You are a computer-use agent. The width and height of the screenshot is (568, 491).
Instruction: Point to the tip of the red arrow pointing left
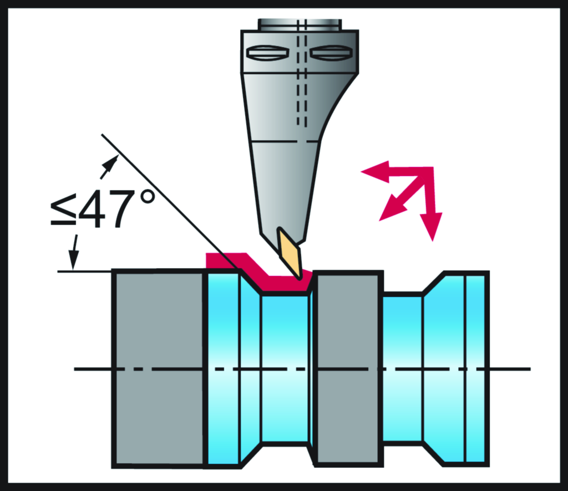(x=361, y=171)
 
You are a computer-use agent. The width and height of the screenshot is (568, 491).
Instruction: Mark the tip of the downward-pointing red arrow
(x=432, y=241)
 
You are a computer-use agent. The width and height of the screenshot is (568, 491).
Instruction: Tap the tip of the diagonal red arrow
(x=379, y=221)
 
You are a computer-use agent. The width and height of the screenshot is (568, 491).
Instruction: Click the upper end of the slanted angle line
(x=102, y=134)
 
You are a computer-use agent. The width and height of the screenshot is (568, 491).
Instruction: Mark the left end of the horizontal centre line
(x=74, y=369)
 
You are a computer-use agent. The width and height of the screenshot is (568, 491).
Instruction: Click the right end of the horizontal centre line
(x=531, y=369)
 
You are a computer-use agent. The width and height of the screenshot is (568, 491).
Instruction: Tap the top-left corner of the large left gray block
(x=112, y=270)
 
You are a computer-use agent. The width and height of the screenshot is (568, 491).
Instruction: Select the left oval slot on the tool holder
(x=267, y=53)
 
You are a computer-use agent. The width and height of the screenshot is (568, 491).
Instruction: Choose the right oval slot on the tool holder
(x=331, y=53)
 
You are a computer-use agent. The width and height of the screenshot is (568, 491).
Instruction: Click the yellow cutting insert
(x=289, y=253)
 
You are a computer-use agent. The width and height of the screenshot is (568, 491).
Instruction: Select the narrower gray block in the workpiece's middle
(x=348, y=369)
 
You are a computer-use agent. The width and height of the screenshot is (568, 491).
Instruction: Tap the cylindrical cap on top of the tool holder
(x=299, y=25)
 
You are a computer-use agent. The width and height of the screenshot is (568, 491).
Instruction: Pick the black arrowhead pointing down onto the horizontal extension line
(x=74, y=260)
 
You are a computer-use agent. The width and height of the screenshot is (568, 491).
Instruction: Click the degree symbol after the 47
(x=146, y=198)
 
